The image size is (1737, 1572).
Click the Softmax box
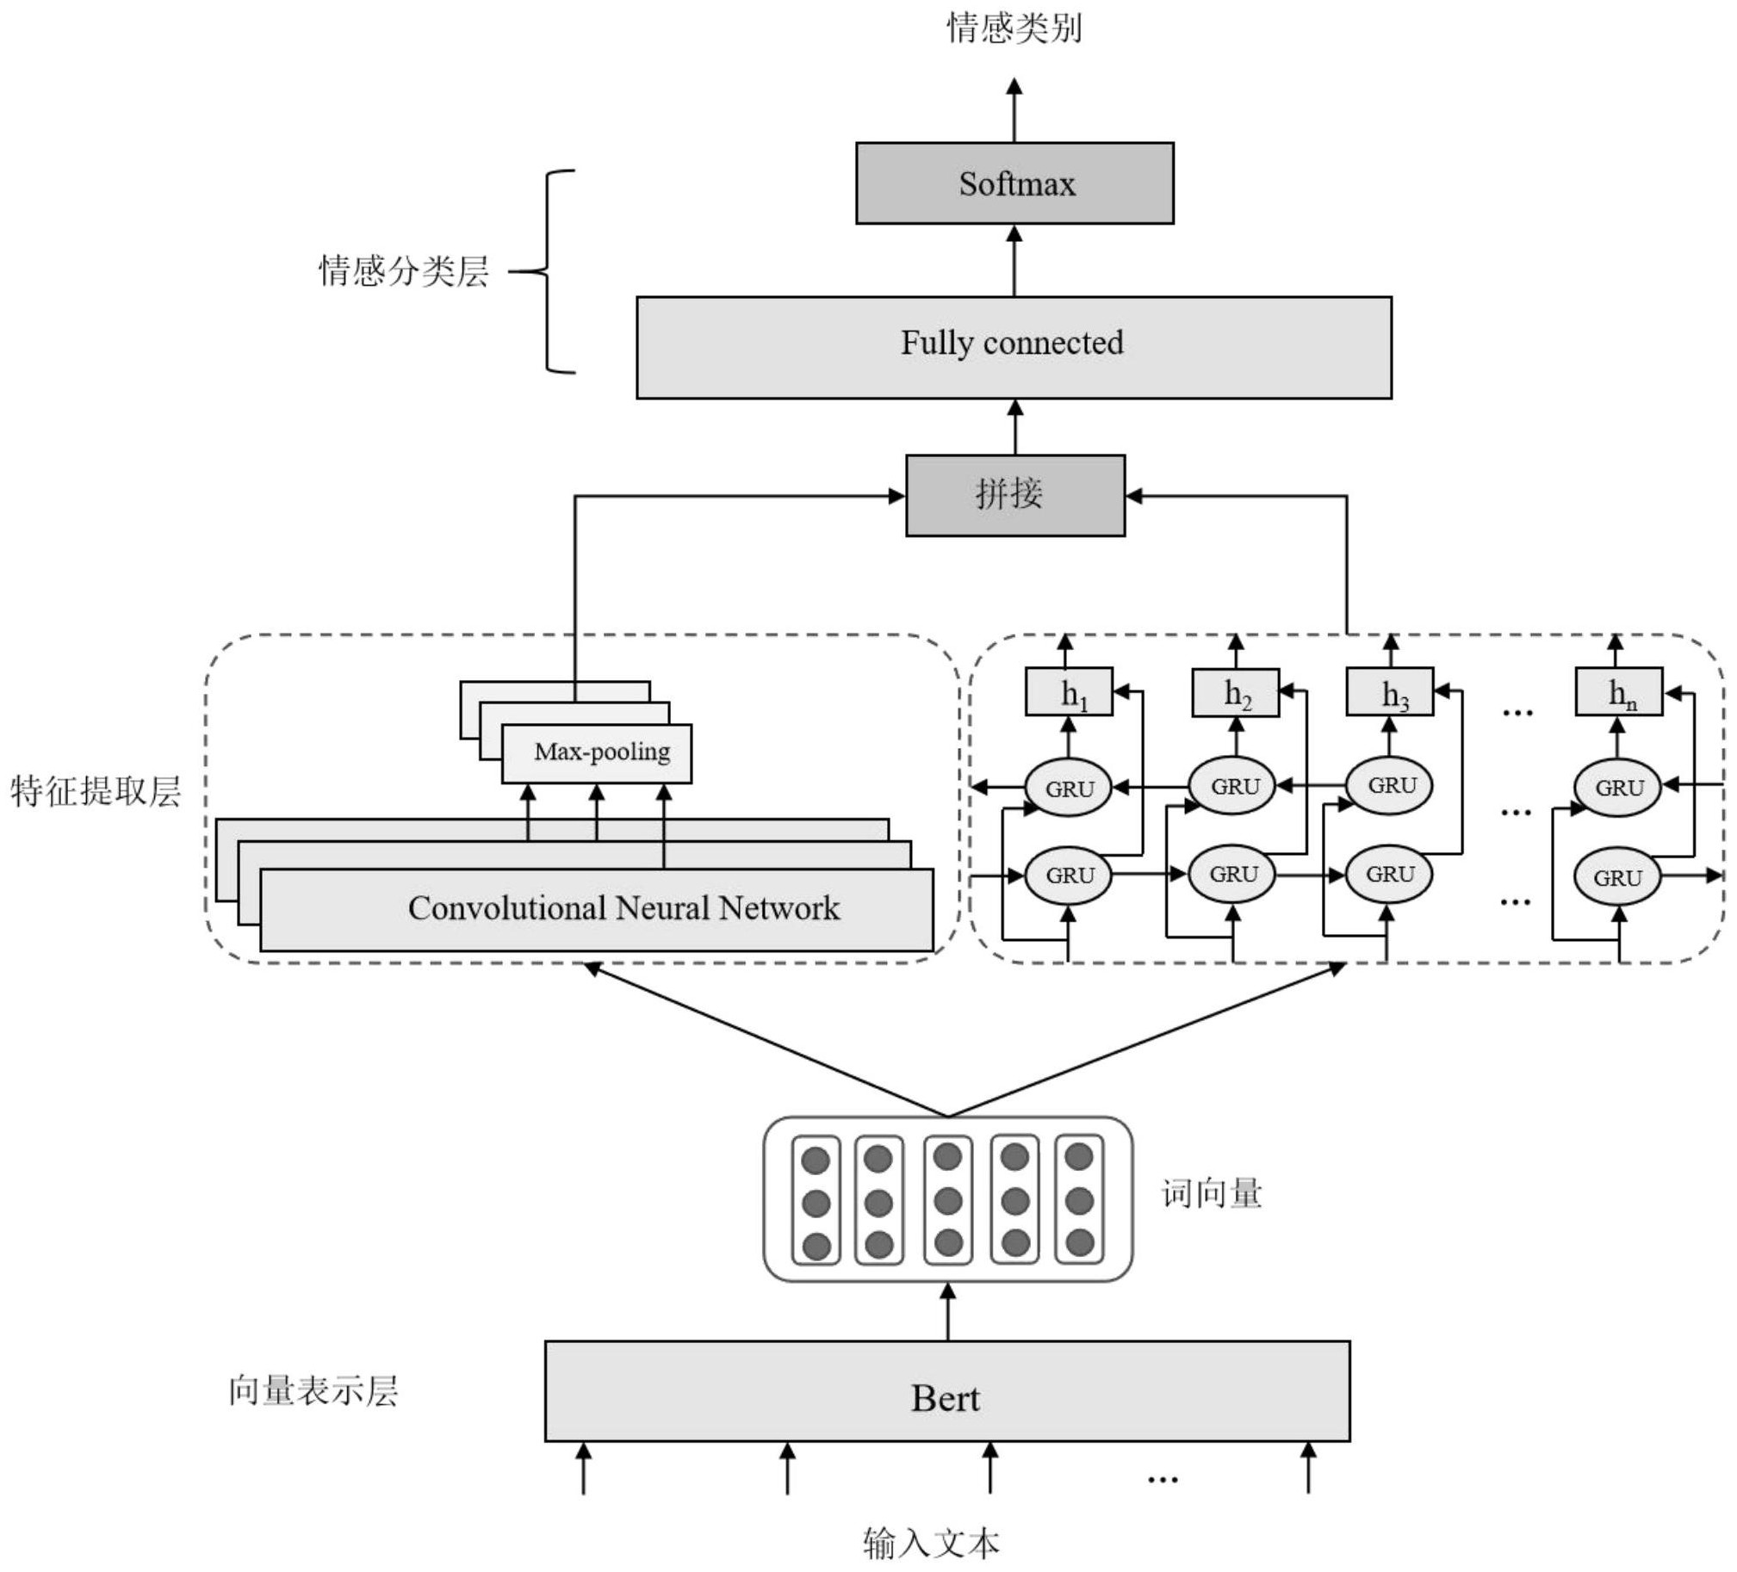click(1014, 183)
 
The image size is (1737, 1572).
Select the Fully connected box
click(1014, 347)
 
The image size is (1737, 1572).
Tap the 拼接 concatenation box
click(1015, 495)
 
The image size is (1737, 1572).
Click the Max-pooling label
click(601, 752)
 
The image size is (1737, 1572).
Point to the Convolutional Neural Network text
click(623, 909)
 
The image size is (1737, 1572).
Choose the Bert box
click(947, 1397)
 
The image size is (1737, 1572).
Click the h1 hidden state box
click(1069, 691)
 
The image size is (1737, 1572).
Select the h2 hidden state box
click(1235, 692)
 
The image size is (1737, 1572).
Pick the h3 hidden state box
click(1389, 691)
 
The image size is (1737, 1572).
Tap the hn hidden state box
click(1618, 691)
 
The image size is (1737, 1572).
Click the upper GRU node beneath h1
click(1069, 789)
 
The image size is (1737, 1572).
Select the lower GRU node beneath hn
click(1616, 878)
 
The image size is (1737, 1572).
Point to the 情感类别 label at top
click(1014, 28)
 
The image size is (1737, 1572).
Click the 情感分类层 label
click(404, 271)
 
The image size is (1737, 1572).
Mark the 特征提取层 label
click(96, 791)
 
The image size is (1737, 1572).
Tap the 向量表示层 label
click(313, 1391)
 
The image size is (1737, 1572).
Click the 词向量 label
click(1212, 1194)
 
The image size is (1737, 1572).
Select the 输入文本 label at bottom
click(932, 1543)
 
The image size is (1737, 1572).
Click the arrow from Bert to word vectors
click(948, 1313)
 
